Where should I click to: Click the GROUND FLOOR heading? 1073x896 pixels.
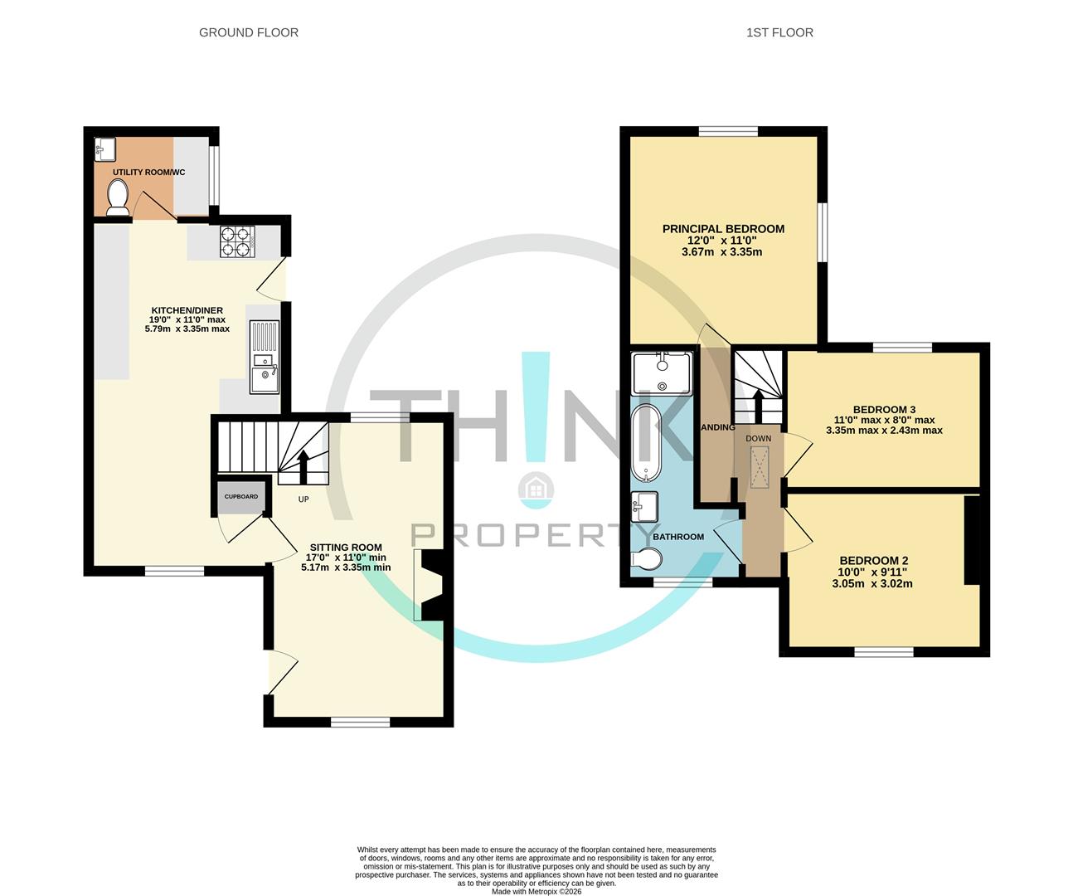point(249,32)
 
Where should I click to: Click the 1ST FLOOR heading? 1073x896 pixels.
point(779,32)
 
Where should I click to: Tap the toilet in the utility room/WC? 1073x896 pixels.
point(119,197)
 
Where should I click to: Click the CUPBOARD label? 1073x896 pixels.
point(241,497)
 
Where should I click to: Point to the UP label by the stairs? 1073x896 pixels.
point(303,499)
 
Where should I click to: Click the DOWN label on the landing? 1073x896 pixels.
point(758,438)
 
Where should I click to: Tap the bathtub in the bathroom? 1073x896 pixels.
point(645,443)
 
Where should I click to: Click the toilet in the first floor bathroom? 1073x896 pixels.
point(643,561)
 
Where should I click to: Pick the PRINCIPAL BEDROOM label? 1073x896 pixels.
point(723,229)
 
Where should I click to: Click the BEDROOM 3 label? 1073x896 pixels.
point(884,409)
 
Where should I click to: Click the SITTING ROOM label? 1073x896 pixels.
point(346,547)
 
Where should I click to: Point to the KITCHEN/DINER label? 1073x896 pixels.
point(187,309)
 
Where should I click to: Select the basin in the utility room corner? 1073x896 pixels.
point(104,148)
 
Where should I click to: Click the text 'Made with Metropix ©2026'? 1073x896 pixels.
point(536,891)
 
